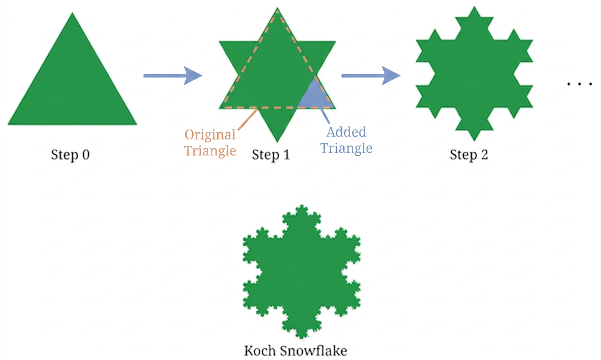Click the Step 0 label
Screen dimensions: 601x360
pyautogui.click(x=70, y=155)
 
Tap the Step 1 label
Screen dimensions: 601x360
pyautogui.click(x=271, y=155)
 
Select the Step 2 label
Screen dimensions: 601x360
pyautogui.click(x=469, y=155)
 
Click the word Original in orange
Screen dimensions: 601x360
pyautogui.click(x=210, y=135)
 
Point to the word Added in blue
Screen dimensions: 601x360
pyautogui.click(x=346, y=132)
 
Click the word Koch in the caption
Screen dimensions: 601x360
pyautogui.click(x=260, y=351)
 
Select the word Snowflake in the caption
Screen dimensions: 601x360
pyautogui.click(x=314, y=351)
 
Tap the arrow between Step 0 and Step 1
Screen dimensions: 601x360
pyautogui.click(x=173, y=76)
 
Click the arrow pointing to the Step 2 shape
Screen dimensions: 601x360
pyautogui.click(x=371, y=76)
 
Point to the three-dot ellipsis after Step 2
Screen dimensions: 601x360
pyautogui.click(x=579, y=84)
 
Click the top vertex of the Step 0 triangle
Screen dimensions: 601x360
pyautogui.click(x=72, y=13)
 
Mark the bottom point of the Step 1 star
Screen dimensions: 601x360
pyautogui.click(x=277, y=141)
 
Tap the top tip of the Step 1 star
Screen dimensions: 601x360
pyautogui.click(x=277, y=8)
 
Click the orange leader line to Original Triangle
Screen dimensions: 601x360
pyautogui.click(x=248, y=119)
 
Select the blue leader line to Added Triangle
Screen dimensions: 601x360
pyautogui.click(x=325, y=116)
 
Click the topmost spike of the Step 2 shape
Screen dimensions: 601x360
pyautogui.click(x=474, y=7)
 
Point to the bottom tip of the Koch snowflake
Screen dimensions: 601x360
pyautogui.click(x=302, y=337)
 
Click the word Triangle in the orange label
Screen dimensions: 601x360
pyautogui.click(x=210, y=151)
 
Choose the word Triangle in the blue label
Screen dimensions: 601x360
pyautogui.click(x=346, y=148)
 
